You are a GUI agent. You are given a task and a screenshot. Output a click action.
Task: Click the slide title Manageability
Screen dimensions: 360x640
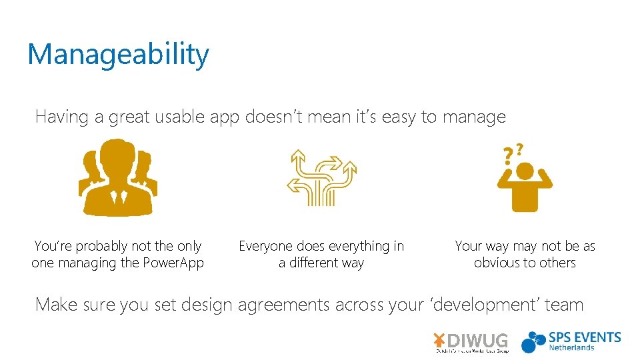(x=118, y=55)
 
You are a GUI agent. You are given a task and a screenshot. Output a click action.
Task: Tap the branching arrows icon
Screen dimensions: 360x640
(x=322, y=177)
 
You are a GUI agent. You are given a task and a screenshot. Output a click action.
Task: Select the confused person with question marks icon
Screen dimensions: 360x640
(x=524, y=179)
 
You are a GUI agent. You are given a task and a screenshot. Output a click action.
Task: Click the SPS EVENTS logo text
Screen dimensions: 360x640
(x=585, y=337)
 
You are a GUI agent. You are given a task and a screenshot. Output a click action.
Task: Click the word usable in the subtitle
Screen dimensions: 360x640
(x=181, y=117)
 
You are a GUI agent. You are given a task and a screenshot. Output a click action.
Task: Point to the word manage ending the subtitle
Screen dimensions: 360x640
(x=474, y=118)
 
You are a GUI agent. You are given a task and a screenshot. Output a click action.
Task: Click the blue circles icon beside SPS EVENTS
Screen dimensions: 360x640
(x=534, y=341)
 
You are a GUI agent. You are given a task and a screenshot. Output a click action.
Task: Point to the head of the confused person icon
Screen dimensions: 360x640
(x=525, y=171)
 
